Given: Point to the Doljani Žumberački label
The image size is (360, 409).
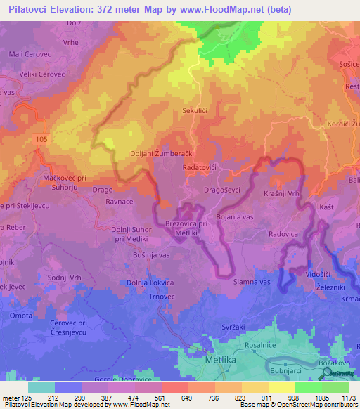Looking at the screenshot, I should [x=162, y=153].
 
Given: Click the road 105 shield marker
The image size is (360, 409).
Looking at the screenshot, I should [x=41, y=141].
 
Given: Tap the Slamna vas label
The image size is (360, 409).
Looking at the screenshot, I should [x=251, y=281].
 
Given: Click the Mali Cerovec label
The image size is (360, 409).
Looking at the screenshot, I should [x=29, y=53].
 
